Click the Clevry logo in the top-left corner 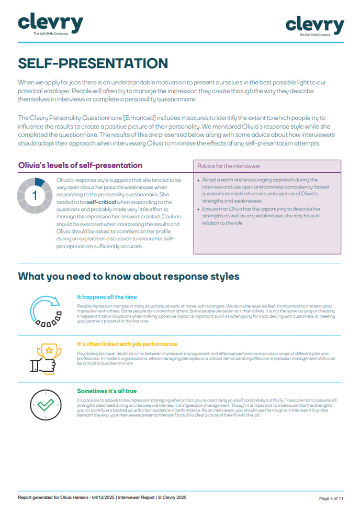50,24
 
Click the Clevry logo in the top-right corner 314,26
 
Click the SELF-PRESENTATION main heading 93,63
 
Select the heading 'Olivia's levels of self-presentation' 80,165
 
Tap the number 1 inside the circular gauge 35,196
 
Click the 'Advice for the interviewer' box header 229,166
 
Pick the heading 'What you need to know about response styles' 129,276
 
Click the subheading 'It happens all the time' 107,297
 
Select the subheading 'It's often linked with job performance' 127,344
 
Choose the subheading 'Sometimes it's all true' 107,391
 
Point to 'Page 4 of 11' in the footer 331,498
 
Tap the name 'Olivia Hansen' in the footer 76,497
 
